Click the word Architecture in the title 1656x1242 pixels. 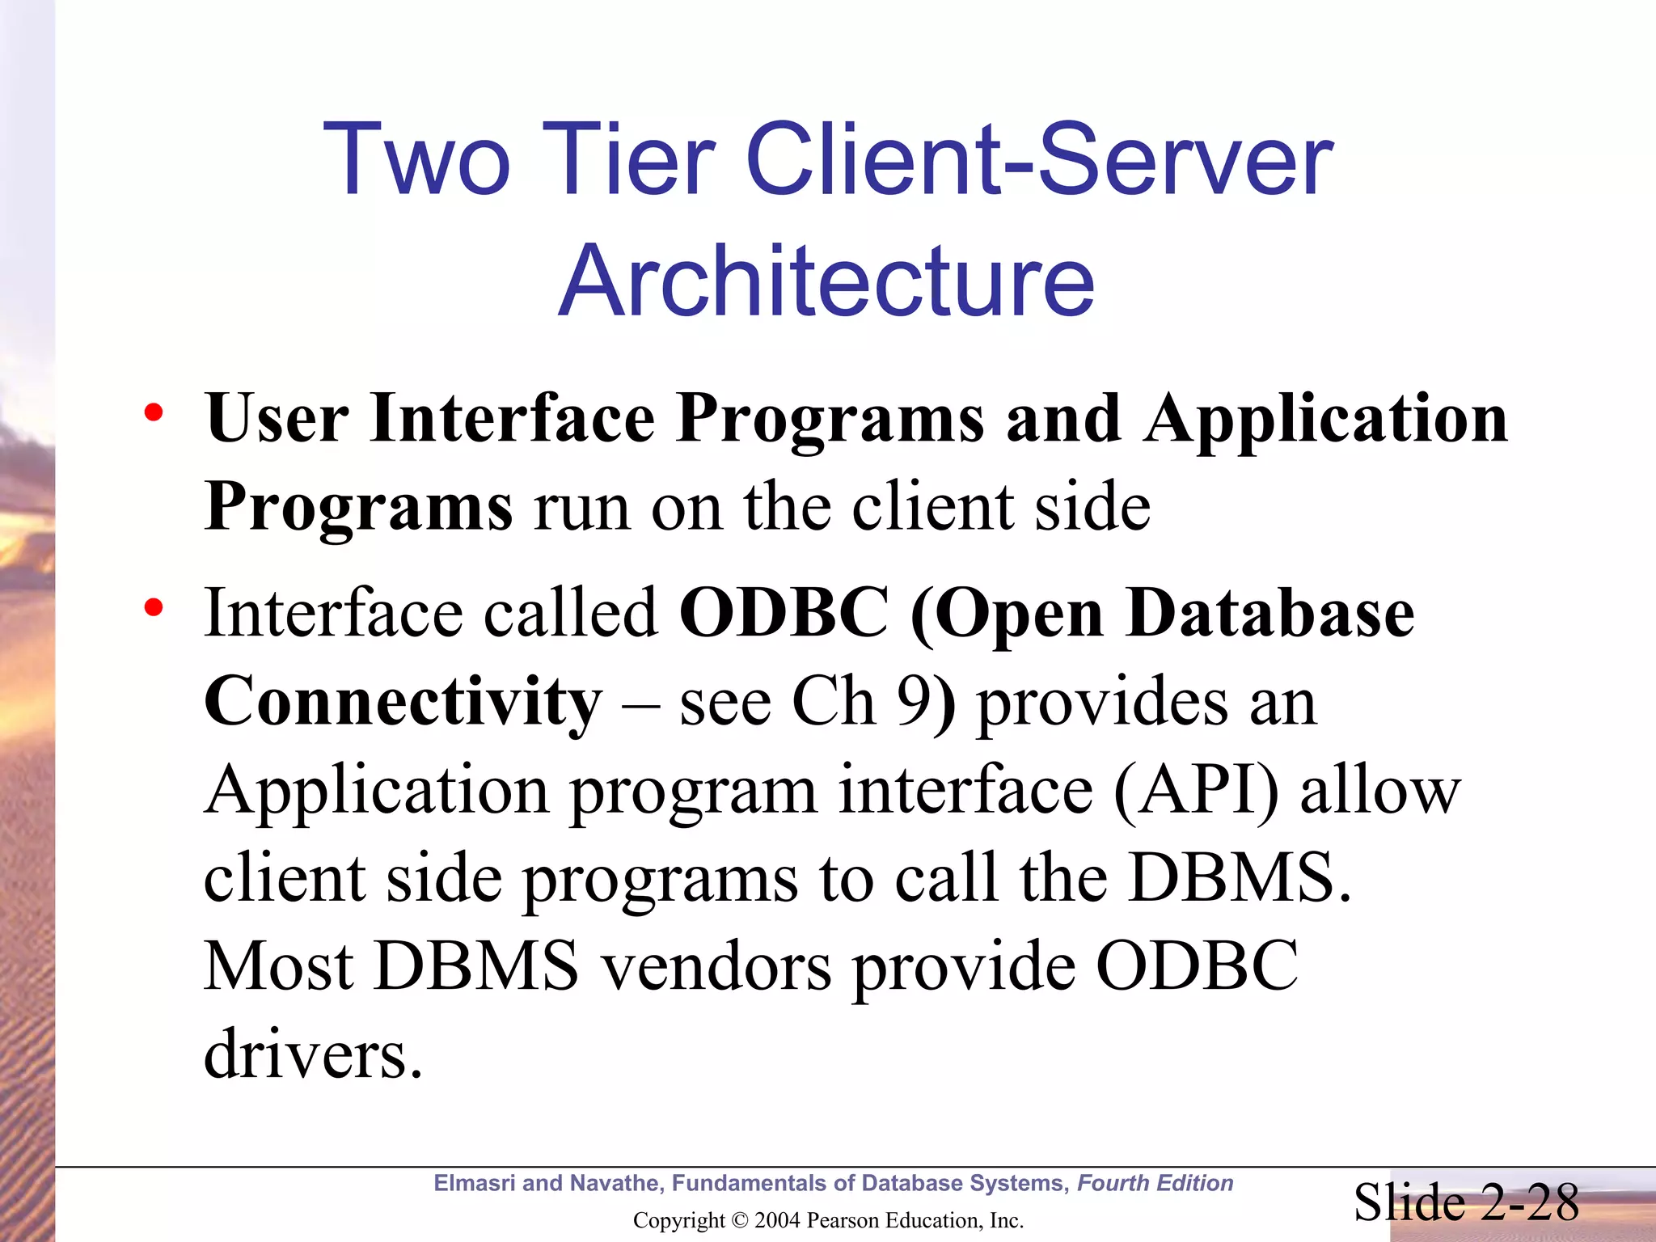tap(826, 281)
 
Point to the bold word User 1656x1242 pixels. tap(277, 419)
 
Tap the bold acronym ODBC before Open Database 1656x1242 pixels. tap(784, 613)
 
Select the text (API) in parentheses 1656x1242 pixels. tap(1197, 791)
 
